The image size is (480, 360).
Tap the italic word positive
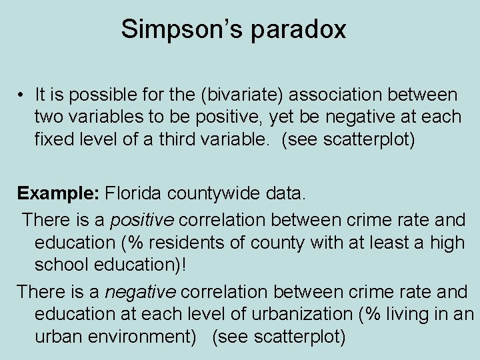point(142,219)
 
